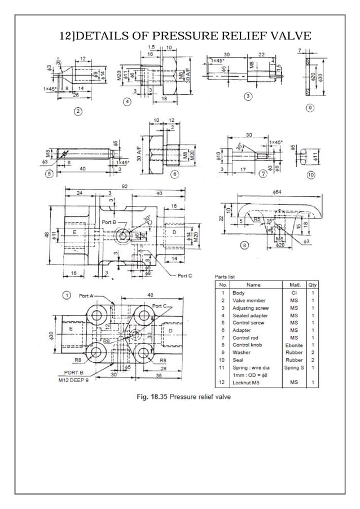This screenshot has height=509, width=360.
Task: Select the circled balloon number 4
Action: (x=128, y=102)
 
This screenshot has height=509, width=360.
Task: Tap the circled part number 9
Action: (x=309, y=107)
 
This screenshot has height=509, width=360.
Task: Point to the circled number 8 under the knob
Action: (x=243, y=245)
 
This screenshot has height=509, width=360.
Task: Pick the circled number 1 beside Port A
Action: (x=67, y=295)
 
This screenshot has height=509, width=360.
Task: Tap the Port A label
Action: (x=87, y=295)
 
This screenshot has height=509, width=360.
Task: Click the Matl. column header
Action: (x=294, y=285)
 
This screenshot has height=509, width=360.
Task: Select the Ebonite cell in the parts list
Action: (x=294, y=345)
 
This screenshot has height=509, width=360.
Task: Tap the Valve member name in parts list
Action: (x=249, y=301)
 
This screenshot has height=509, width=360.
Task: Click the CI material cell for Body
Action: (x=294, y=293)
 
